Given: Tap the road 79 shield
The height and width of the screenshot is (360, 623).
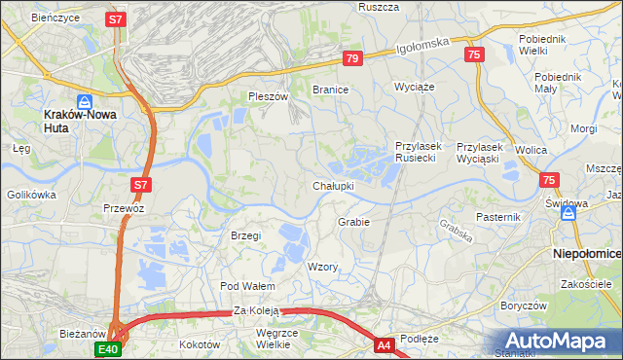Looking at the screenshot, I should coord(352,59).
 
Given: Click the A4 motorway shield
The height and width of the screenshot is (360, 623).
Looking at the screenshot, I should coord(385,344).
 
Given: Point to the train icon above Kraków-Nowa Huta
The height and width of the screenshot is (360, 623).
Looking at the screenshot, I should coord(85,100).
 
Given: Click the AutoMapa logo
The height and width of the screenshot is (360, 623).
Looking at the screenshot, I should coord(559,342).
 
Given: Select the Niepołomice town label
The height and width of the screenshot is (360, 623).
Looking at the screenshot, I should coord(587,252).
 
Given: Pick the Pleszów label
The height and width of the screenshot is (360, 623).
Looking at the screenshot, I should coord(269,96).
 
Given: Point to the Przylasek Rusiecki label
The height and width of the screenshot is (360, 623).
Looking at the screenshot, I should coord(419,152).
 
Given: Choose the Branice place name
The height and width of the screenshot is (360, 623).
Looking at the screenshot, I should coord(330,90).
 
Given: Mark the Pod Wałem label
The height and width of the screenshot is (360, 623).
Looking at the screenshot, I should coord(247,286).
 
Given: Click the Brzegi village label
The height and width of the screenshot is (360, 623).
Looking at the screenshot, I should coord(245,235).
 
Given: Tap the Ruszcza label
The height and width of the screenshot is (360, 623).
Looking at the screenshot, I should coord(379,7).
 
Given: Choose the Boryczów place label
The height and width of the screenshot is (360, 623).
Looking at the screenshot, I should coord(522,305).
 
